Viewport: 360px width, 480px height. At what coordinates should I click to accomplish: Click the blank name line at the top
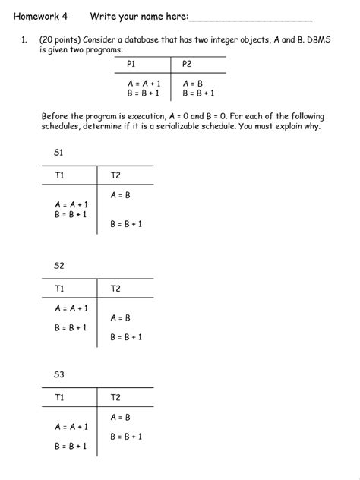(250, 19)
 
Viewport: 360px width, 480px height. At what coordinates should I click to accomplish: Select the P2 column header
(188, 64)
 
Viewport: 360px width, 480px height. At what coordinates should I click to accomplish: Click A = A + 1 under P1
(143, 83)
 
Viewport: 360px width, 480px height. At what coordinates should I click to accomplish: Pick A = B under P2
(193, 83)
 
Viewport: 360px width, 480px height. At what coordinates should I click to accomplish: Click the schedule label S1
(58, 153)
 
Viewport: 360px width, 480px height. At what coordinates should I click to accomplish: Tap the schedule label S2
(58, 266)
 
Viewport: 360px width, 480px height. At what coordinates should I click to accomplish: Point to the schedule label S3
(58, 375)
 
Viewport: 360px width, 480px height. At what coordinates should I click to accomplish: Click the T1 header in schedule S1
(60, 175)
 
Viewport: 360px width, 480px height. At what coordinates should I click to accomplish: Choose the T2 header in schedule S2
(115, 289)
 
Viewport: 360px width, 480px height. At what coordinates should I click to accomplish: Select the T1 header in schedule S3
(60, 398)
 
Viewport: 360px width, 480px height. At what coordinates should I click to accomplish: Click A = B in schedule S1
(121, 195)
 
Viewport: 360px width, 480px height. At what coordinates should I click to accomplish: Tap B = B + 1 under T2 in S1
(126, 224)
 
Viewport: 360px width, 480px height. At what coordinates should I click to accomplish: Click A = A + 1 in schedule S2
(71, 308)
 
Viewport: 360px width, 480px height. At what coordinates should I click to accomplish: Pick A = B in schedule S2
(121, 318)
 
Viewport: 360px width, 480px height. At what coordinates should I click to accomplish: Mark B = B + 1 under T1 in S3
(71, 447)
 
